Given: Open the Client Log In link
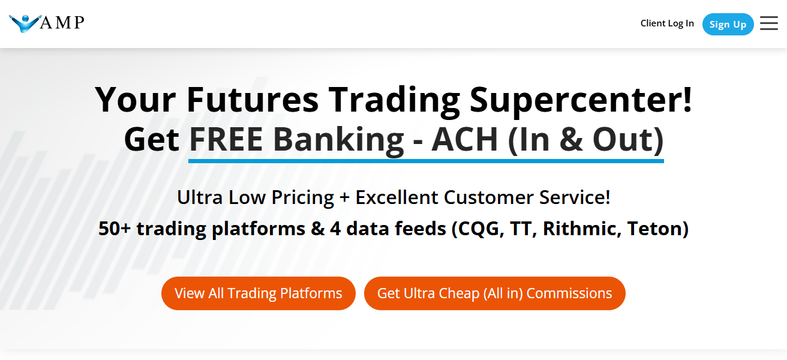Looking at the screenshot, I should coord(667,23).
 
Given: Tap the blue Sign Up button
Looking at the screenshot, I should coord(728,24).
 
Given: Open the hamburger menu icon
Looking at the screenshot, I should coord(768,23).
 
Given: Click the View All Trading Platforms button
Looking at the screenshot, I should coord(259,293).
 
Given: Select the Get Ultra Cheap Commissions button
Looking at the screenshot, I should coord(494,293).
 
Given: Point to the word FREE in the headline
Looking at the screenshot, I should coord(226,139).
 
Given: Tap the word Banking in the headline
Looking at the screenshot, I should coord(338,139).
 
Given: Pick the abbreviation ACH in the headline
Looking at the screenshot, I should coord(465,139).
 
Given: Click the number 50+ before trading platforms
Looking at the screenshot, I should coord(115,229).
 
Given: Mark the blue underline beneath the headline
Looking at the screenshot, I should coord(426,161).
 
